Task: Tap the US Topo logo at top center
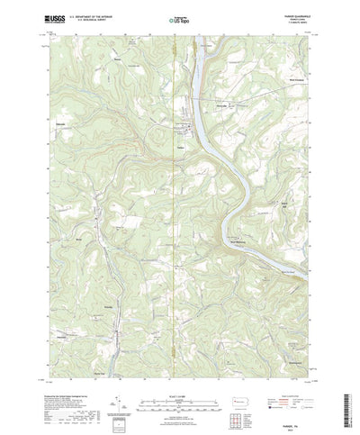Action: coord(179,18)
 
